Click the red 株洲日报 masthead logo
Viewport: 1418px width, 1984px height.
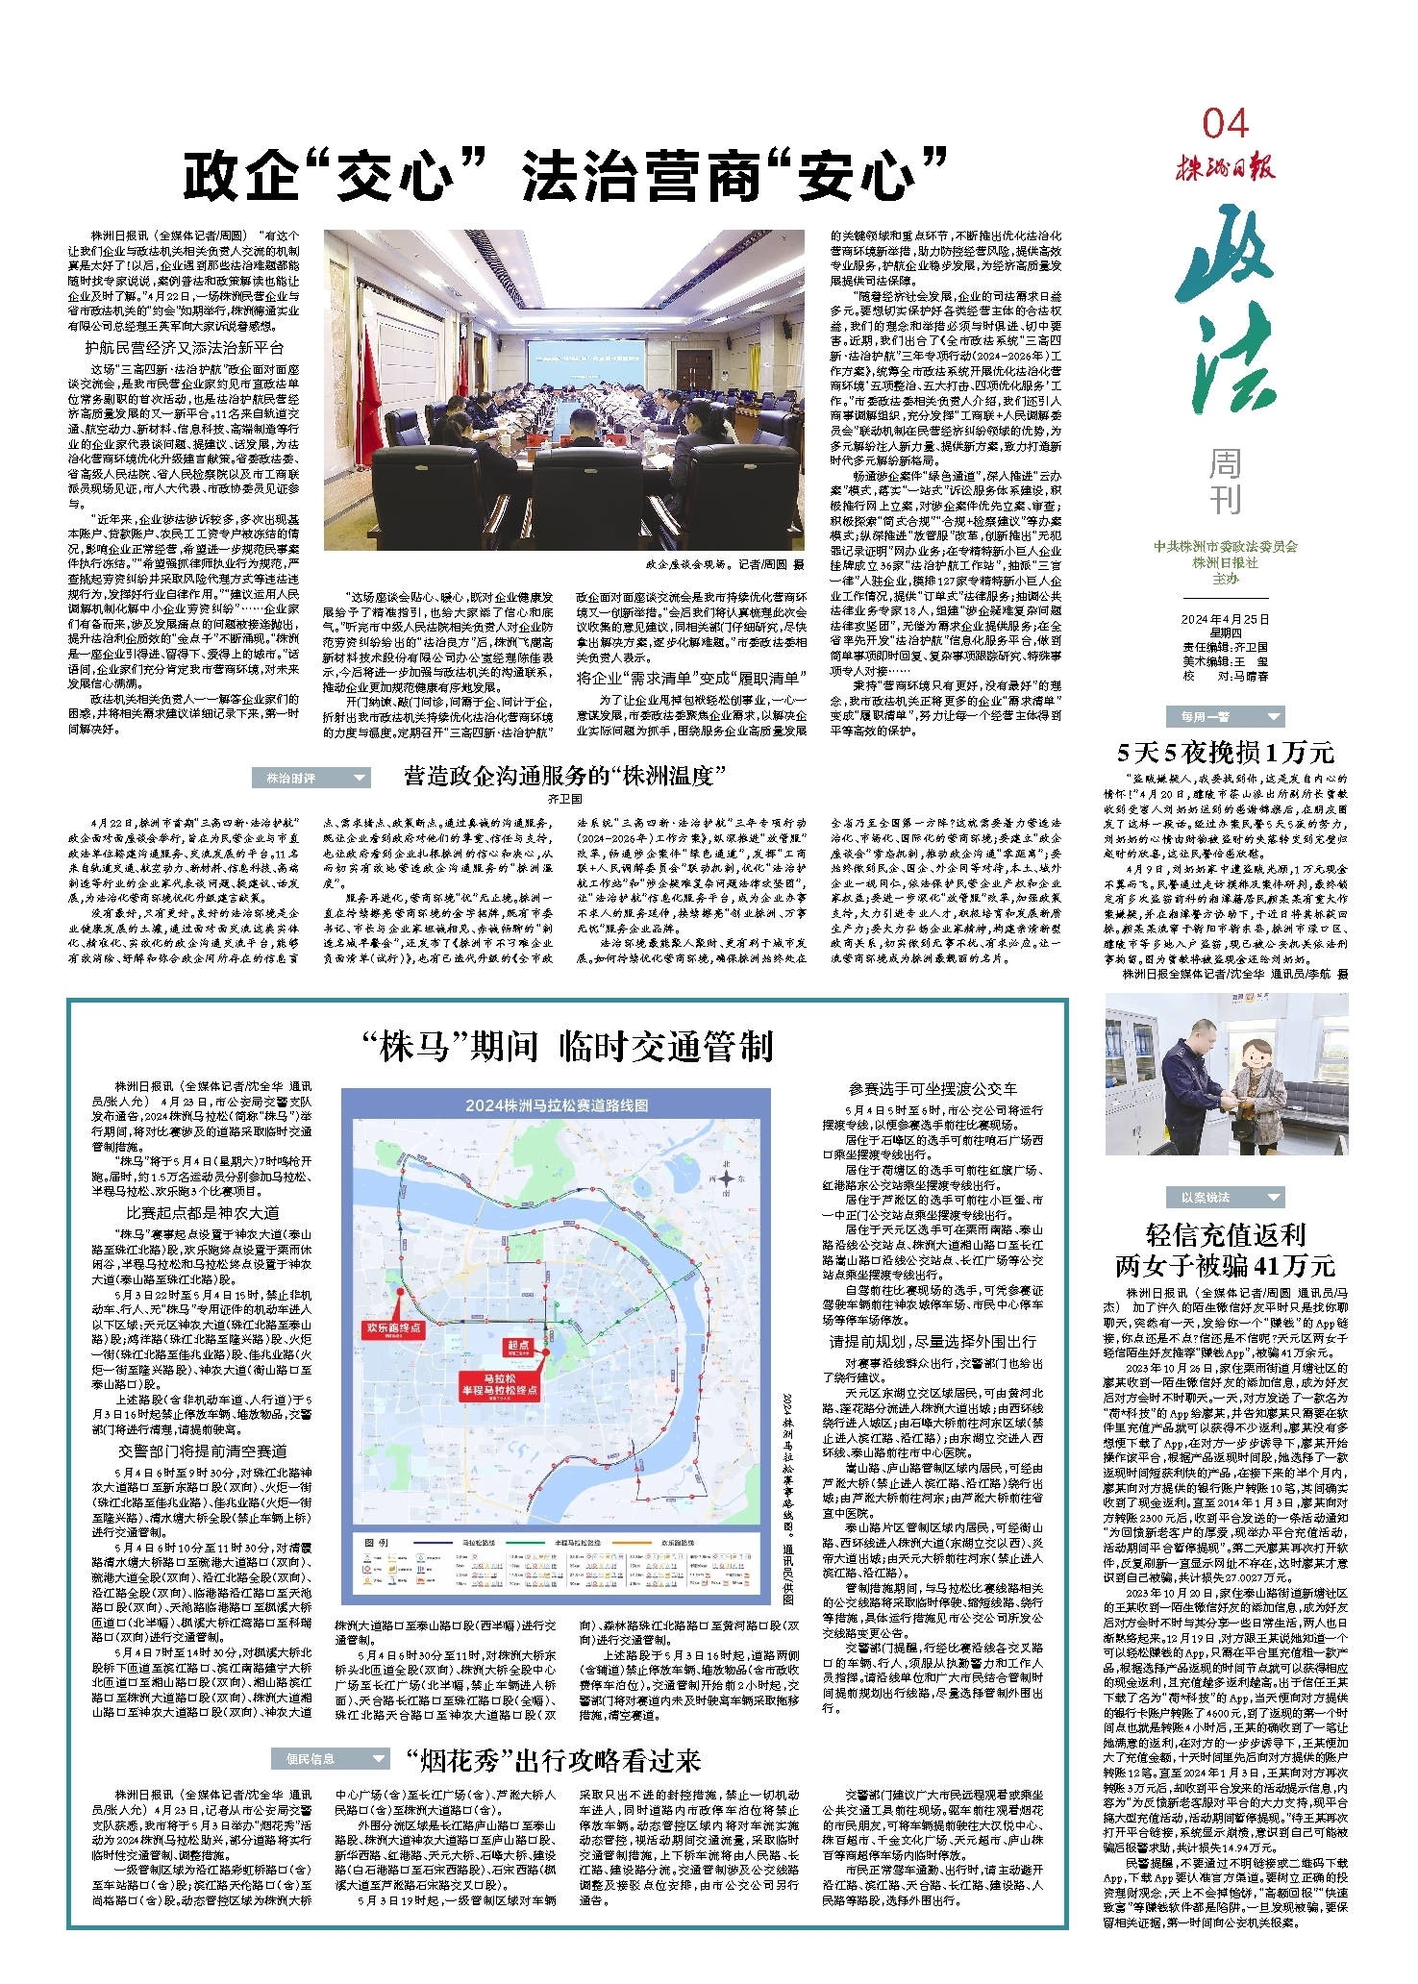(1225, 168)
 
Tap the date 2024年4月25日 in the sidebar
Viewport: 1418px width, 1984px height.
(1225, 619)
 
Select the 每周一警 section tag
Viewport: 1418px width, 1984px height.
(1225, 716)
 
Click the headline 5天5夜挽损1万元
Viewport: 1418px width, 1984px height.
(1225, 752)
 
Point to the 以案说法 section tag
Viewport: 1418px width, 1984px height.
(1225, 1197)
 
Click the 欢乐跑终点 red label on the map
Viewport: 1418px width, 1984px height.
(393, 1327)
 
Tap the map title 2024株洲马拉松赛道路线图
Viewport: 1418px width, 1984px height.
(557, 1105)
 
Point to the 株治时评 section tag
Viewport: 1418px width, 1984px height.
(311, 778)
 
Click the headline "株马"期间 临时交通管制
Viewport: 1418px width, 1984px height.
(567, 1046)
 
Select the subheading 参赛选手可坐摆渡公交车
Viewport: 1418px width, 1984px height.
(933, 1089)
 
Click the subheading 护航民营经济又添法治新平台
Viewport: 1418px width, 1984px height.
(184, 348)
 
